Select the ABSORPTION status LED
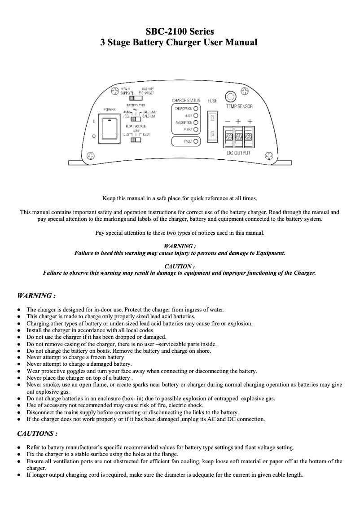coord(196,123)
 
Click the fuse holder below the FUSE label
coord(213,126)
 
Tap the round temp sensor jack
coord(230,97)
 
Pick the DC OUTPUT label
coord(238,153)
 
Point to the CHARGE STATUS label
coord(186,101)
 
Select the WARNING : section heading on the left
coord(36,296)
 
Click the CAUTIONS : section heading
coord(37,434)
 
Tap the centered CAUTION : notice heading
coord(180,266)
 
